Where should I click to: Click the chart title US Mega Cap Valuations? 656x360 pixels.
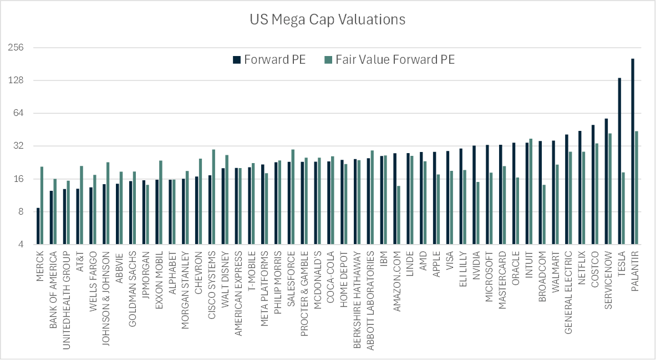327,19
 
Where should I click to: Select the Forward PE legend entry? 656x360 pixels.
269,60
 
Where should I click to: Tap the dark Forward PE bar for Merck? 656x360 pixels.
38,226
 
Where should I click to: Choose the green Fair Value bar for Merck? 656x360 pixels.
42,205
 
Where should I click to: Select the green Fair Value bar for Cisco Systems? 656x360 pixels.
213,196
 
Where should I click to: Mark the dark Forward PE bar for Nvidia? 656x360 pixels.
474,194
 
